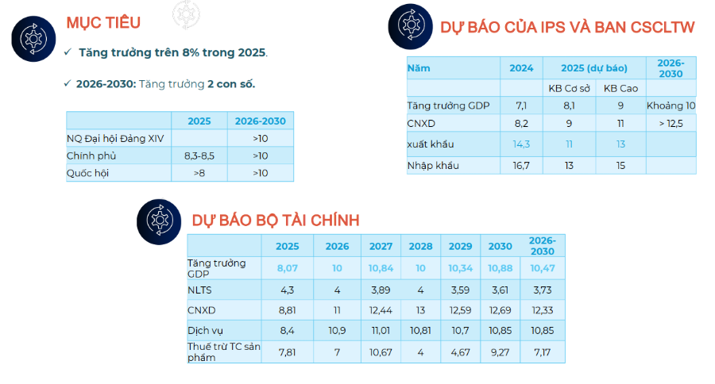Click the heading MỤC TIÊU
[103, 22]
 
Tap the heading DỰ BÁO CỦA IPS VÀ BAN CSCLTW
[567, 28]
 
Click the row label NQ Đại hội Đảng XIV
[115, 139]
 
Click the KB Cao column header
[620, 87]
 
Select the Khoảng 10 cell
[671, 105]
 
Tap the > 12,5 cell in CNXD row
[671, 123]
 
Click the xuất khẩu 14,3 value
[522, 144]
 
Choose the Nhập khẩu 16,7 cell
[522, 165]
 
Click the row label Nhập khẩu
[433, 165]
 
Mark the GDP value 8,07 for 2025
[287, 269]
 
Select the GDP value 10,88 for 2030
[500, 269]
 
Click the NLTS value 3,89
[381, 290]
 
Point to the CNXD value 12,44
[381, 310]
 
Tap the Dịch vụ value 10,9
[337, 330]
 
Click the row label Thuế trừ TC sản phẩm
[218, 351]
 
